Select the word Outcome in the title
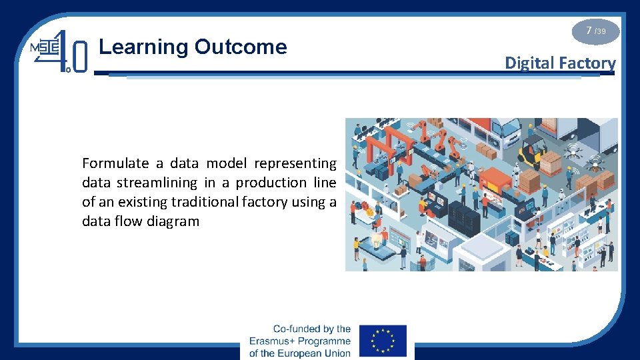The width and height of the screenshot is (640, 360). pyautogui.click(x=241, y=47)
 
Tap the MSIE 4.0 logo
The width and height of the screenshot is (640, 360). pyautogui.click(x=59, y=51)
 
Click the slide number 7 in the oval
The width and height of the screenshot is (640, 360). pyautogui.click(x=589, y=31)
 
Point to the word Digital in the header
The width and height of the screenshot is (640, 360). pyautogui.click(x=529, y=63)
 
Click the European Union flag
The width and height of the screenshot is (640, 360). pyautogui.click(x=383, y=341)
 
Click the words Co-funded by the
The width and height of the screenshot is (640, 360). pyautogui.click(x=312, y=329)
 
